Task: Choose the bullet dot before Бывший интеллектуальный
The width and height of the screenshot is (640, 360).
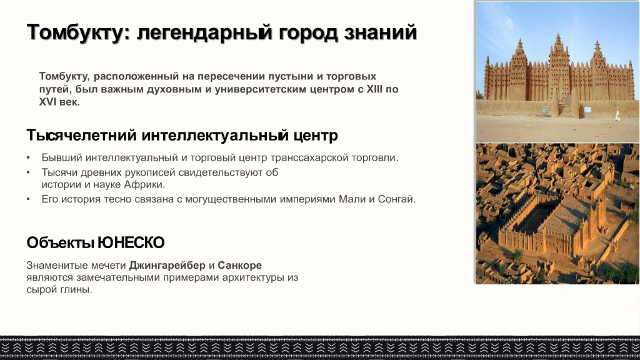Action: [x=29, y=157]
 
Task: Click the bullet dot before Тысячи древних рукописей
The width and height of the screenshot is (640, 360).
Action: [x=29, y=172]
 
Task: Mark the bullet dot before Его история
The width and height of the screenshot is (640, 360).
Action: [x=29, y=200]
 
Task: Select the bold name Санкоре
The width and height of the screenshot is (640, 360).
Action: [x=239, y=265]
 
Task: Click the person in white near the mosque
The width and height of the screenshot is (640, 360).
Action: [x=617, y=114]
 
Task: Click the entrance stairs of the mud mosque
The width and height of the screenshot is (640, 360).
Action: [x=565, y=110]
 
